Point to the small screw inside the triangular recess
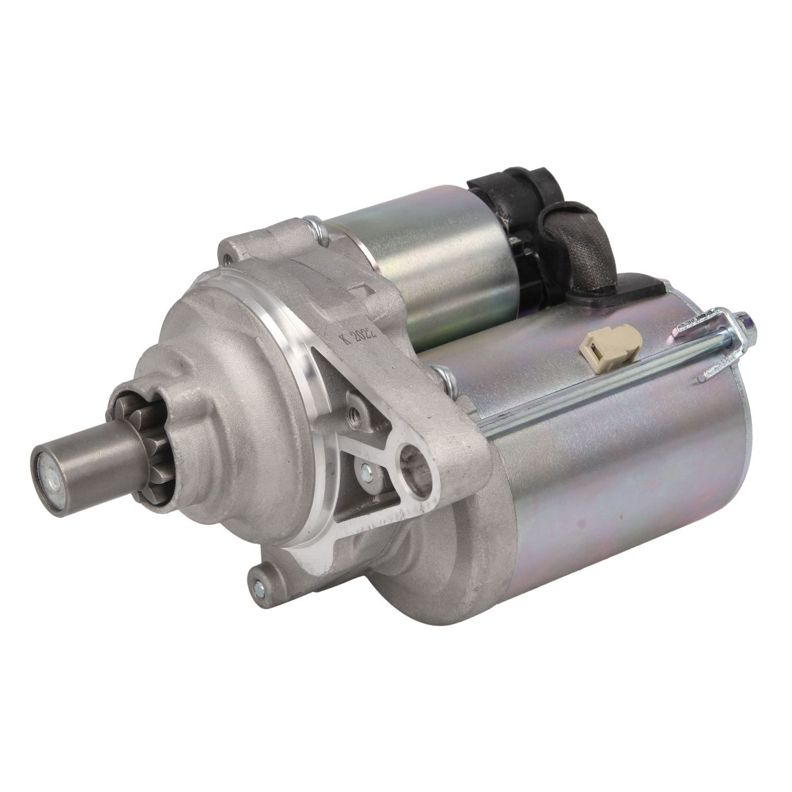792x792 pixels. point(366,473)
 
